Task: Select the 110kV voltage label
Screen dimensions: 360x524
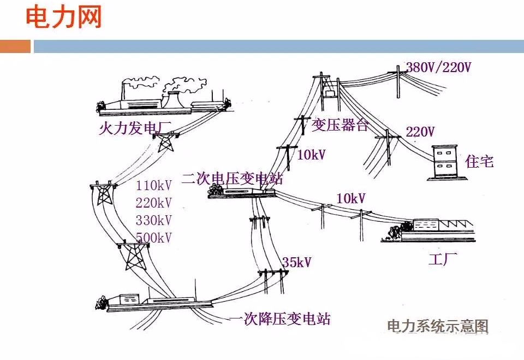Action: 154,185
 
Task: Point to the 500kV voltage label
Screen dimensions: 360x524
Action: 154,238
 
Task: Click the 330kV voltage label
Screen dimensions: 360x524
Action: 154,220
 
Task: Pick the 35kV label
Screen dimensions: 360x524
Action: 296,263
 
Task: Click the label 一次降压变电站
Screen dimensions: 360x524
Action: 279,319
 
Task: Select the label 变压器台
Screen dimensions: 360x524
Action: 340,126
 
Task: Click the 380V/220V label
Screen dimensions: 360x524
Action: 438,68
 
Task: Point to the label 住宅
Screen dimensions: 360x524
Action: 480,161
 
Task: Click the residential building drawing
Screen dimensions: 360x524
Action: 444,162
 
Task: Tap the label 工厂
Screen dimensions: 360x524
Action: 443,259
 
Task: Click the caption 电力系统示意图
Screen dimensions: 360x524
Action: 437,327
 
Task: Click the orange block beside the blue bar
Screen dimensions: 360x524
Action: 15,46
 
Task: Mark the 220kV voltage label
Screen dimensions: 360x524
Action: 154,203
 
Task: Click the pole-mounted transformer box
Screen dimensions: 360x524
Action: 330,93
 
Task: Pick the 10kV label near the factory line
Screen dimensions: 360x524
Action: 351,199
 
